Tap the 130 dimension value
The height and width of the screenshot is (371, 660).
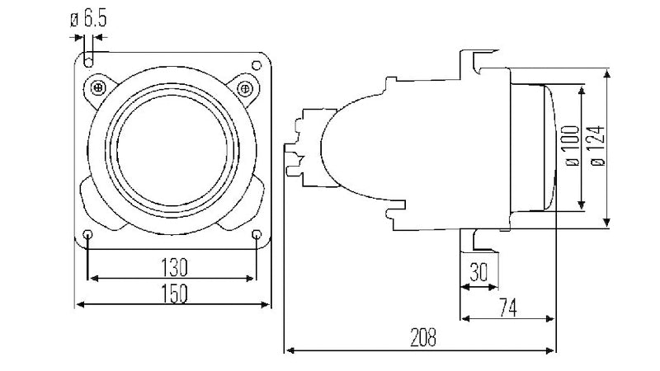173,266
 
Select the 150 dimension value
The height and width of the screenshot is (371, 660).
173,293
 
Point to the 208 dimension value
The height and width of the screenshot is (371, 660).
422,337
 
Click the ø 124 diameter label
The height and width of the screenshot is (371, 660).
598,146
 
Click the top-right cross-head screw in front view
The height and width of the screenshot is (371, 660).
243,87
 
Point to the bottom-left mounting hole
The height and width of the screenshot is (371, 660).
88,236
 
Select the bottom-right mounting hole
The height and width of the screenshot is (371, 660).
257,236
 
